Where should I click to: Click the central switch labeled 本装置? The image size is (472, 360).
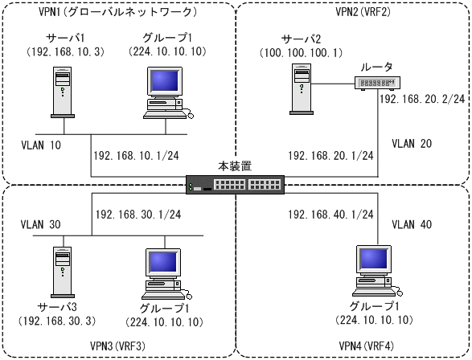click(235, 185)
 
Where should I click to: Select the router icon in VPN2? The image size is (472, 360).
click(377, 83)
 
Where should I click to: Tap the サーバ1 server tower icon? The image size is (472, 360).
click(63, 92)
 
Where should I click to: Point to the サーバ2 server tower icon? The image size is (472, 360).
click(302, 89)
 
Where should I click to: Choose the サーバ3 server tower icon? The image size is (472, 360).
click(63, 272)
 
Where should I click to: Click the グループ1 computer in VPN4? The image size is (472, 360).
click(377, 271)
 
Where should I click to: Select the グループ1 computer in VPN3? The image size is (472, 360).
click(166, 274)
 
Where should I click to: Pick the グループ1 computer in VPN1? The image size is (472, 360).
click(168, 92)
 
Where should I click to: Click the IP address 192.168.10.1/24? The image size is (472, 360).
click(137, 156)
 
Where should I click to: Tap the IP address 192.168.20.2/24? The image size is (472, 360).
click(422, 99)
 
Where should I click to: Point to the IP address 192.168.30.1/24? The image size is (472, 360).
click(138, 215)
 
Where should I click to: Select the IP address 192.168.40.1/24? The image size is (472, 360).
click(330, 215)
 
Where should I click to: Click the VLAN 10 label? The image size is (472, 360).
click(41, 145)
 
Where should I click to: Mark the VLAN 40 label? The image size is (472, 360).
click(412, 224)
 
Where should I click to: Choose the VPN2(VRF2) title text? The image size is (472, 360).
click(363, 11)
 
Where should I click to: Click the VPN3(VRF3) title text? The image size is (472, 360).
click(117, 346)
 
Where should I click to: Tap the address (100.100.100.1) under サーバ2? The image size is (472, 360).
click(301, 53)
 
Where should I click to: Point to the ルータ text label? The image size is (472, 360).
click(376, 67)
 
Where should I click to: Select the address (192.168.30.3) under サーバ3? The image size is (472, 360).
click(57, 321)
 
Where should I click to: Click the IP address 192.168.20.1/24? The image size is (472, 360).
click(330, 156)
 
